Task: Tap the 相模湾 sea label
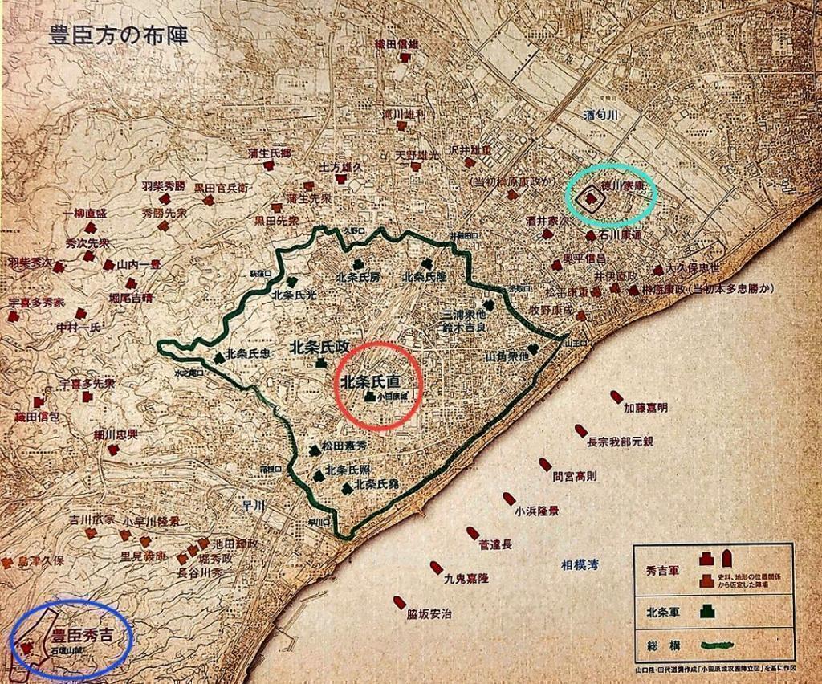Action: tap(580, 566)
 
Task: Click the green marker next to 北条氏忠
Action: tap(218, 358)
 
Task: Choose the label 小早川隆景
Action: tap(151, 521)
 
